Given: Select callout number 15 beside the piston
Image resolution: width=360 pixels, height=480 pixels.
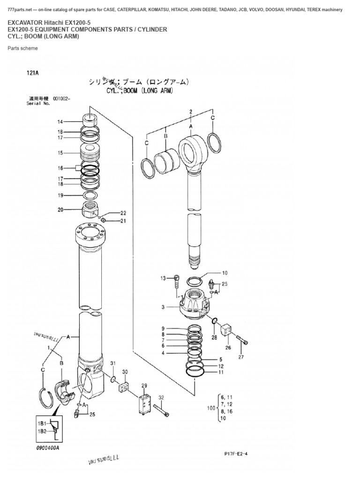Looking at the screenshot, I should click(x=60, y=153).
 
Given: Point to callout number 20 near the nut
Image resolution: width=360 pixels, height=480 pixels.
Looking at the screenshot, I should click(x=60, y=210).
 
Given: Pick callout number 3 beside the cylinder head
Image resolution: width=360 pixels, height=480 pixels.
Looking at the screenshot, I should click(x=163, y=307).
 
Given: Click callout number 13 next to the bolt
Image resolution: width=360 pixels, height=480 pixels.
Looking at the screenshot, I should click(x=164, y=278).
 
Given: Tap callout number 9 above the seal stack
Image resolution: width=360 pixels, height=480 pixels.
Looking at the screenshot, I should click(x=163, y=328).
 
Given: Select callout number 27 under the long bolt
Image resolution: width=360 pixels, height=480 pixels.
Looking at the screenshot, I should click(x=241, y=357).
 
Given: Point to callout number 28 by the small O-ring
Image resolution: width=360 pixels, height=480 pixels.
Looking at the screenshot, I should click(x=214, y=337).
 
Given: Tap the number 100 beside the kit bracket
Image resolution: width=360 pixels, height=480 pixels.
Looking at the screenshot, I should click(x=211, y=408).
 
